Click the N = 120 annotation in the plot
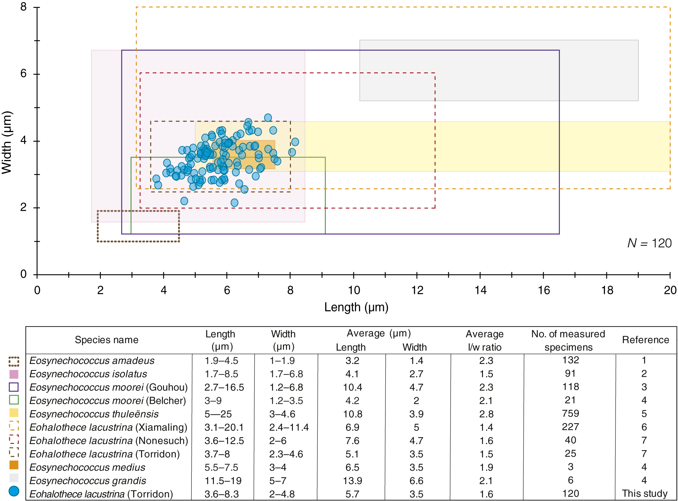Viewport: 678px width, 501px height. click(x=649, y=243)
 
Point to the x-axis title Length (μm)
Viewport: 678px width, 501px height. click(x=356, y=307)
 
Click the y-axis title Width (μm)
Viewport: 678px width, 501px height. click(x=7, y=142)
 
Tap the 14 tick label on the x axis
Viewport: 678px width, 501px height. click(x=480, y=290)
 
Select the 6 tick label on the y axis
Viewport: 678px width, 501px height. click(x=23, y=73)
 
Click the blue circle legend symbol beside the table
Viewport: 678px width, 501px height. click(x=14, y=491)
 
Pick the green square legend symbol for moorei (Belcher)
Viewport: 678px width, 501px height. click(x=14, y=400)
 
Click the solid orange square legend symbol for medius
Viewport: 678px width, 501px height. click(x=14, y=465)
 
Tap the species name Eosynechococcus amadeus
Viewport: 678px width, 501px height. click(x=92, y=361)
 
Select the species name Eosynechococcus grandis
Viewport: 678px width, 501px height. click(x=88, y=481)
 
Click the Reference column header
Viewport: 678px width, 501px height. click(x=645, y=340)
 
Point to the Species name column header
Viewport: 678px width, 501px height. click(x=106, y=340)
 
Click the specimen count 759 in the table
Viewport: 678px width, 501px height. click(x=570, y=413)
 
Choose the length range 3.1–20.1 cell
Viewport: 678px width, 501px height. click(x=224, y=427)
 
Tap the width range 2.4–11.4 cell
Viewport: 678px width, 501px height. click(x=289, y=427)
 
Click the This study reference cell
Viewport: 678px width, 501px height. click(x=645, y=493)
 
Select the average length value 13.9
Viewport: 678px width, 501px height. click(x=352, y=481)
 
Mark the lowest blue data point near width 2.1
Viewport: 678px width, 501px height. click(x=234, y=203)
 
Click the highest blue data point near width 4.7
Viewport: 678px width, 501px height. click(x=268, y=118)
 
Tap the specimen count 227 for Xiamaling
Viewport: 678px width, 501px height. click(x=570, y=427)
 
